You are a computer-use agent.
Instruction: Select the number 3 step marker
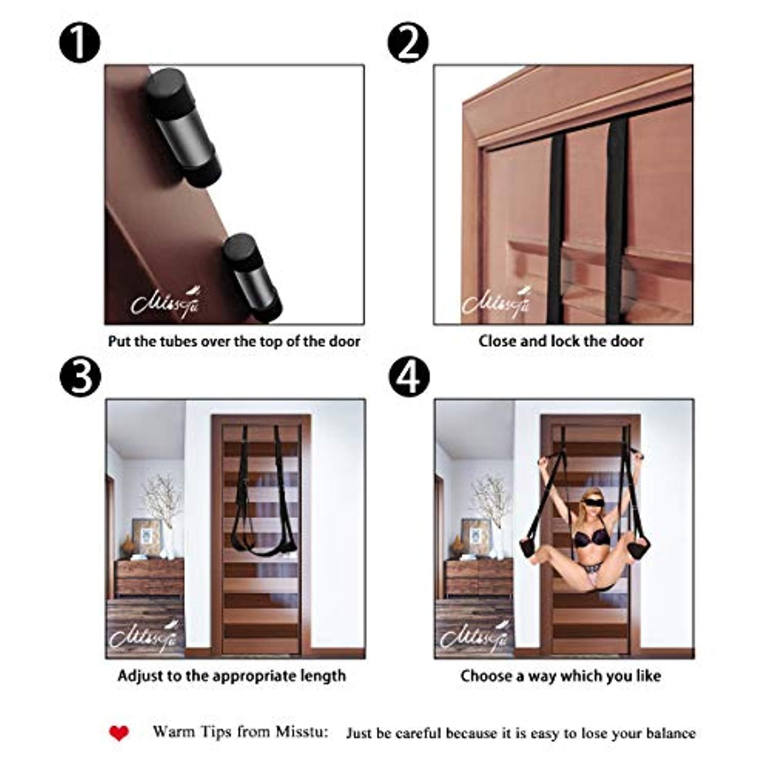[79, 377]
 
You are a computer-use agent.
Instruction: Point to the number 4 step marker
[408, 377]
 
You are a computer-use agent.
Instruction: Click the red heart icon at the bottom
[119, 733]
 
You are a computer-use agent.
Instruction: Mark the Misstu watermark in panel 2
[495, 303]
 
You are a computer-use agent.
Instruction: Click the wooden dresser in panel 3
[149, 577]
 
